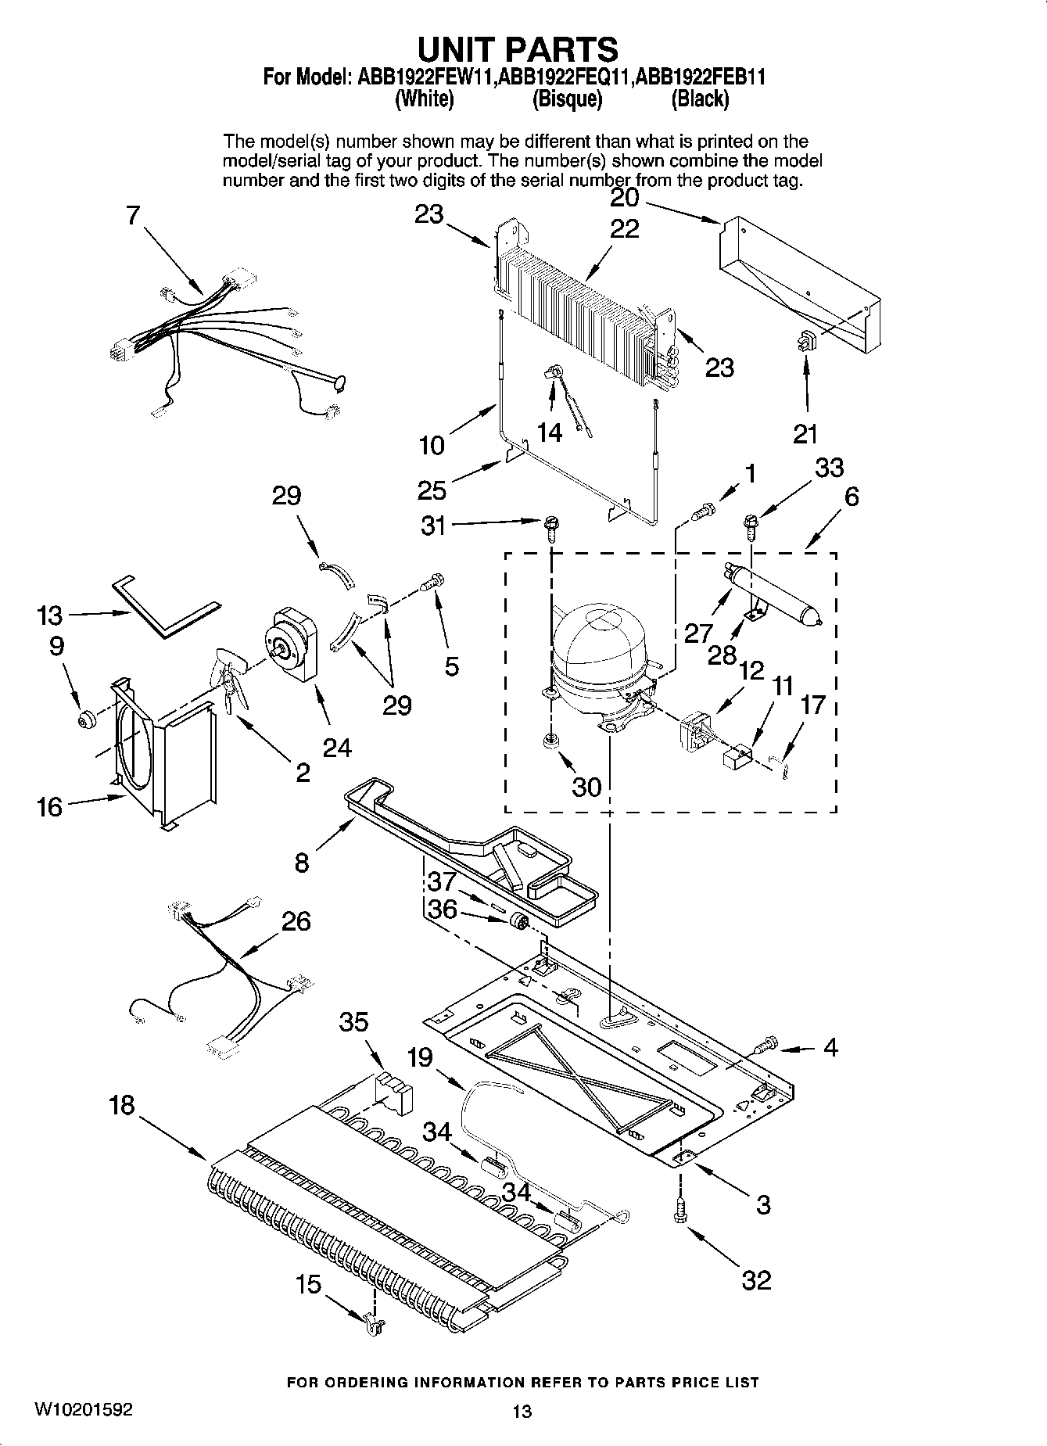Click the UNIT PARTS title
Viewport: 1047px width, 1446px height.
point(517,48)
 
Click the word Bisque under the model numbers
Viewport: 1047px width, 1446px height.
point(567,99)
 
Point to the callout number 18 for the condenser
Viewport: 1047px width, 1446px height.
point(123,1105)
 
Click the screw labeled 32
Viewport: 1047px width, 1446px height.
point(679,1210)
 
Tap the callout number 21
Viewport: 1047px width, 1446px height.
point(805,434)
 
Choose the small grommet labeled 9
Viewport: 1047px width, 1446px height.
point(84,718)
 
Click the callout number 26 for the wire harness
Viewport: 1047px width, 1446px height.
point(296,920)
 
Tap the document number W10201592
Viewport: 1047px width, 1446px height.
point(83,1409)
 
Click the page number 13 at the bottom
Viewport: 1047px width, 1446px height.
point(522,1410)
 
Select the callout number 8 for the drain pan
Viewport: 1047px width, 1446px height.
point(302,863)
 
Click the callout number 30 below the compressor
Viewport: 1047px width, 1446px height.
point(586,786)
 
